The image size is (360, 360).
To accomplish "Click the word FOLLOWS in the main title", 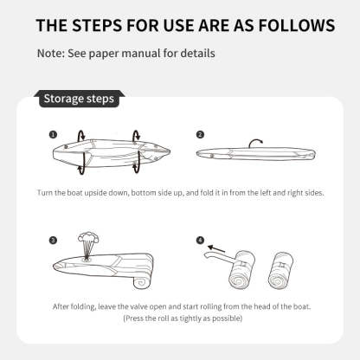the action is click(297, 25).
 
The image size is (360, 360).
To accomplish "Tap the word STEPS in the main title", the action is click(97, 25).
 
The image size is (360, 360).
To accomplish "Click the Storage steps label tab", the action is click(80, 99).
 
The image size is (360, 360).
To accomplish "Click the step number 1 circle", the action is click(53, 134).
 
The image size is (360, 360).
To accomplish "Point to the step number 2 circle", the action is click(200, 134).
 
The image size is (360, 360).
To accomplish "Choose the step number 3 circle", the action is click(53, 241).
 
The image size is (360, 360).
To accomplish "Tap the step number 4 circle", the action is click(200, 241).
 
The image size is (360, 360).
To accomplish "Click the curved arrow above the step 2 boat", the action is click(255, 140).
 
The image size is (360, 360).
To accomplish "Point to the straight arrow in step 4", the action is click(216, 249).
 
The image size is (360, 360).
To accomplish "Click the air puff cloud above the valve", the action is click(88, 238).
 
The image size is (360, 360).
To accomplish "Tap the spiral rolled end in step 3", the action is click(142, 282).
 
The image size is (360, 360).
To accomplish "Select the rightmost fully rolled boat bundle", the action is click(280, 270).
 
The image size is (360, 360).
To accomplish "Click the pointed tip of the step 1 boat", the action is click(170, 151).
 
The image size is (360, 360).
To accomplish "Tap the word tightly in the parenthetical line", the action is click(191, 318).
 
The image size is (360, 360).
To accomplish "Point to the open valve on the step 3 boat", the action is click(87, 258).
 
